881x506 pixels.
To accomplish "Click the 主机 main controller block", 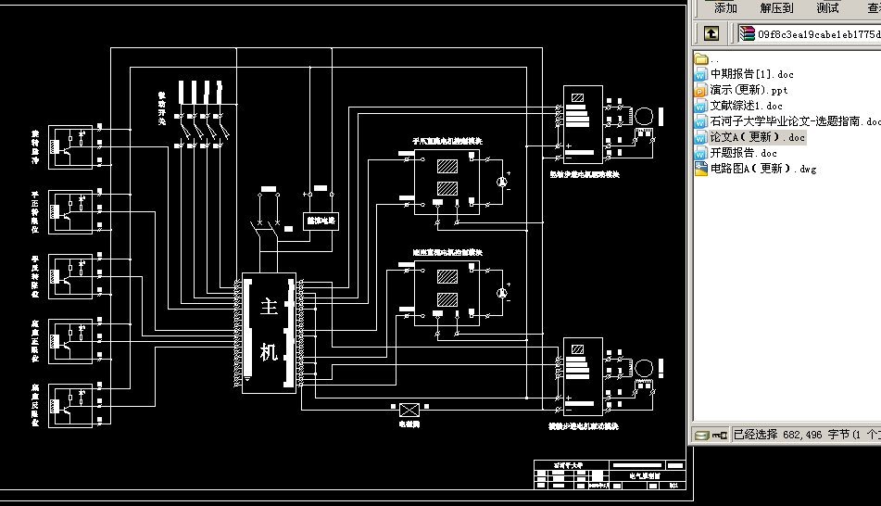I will [x=269, y=332].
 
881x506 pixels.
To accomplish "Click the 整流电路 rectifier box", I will [x=321, y=221].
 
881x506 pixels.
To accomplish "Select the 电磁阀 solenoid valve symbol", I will [x=409, y=409].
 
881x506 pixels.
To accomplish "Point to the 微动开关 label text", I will [x=161, y=108].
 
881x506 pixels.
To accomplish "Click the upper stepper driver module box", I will [x=583, y=122].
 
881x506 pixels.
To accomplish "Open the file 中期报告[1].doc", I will [x=751, y=74].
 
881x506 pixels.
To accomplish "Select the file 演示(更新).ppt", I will [x=749, y=90].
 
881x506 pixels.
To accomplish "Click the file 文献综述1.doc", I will [x=746, y=106].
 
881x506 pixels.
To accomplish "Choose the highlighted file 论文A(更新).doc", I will [x=757, y=137].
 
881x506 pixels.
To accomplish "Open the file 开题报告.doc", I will [x=743, y=153].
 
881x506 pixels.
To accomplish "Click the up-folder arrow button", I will [x=711, y=34].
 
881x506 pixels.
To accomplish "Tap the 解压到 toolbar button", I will [x=776, y=8].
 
